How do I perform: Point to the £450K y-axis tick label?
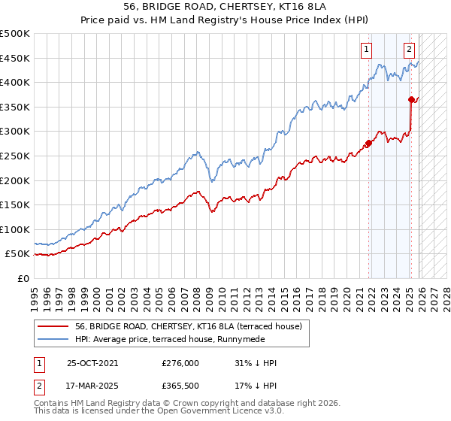click(15, 58)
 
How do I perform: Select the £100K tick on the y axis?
click(15, 229)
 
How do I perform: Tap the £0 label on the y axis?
click(23, 278)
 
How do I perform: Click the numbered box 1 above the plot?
click(366, 50)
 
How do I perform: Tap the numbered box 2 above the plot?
click(409, 50)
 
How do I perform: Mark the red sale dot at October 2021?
click(368, 143)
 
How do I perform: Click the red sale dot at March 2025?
click(411, 99)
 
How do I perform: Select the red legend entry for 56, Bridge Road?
click(188, 326)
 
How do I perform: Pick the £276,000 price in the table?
click(180, 363)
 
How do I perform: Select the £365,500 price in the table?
click(180, 386)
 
